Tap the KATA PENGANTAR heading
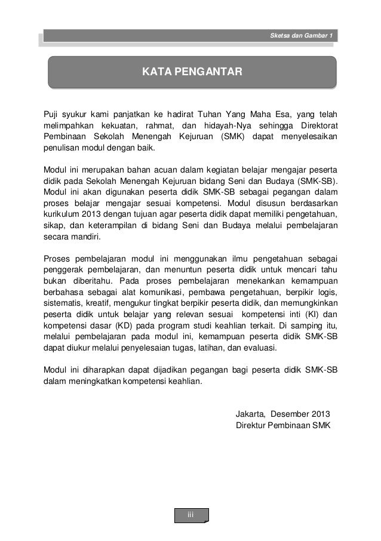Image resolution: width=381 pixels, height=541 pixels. click(191, 72)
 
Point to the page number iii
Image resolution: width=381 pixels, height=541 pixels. click(190, 515)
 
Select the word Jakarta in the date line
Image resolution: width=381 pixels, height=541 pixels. click(251, 413)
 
